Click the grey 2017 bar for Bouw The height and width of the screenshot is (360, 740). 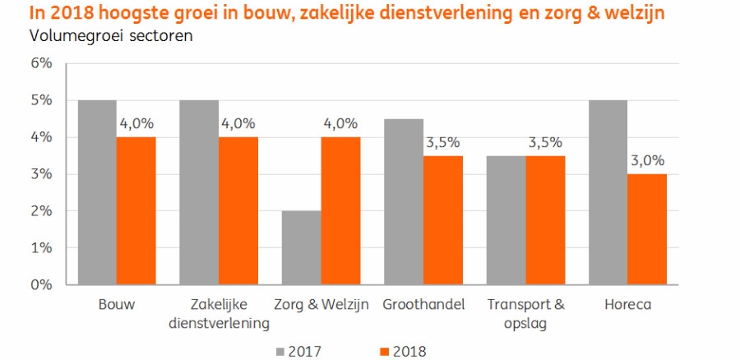[96, 192]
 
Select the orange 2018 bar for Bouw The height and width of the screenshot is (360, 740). [136, 210]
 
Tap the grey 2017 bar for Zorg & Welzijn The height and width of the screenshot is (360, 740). [301, 247]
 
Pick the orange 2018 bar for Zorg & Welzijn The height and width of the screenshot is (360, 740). [340, 210]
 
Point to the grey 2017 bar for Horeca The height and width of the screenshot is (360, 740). [608, 192]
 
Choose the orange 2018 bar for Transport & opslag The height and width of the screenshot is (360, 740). [546, 219]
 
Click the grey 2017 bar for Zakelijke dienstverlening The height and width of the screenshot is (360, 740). [199, 192]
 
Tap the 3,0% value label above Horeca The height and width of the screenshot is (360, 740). [649, 161]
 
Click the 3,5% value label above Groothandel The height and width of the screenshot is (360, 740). [443, 143]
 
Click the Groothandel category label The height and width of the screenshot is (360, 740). [423, 305]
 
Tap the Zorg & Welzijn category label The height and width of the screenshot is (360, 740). [321, 305]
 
